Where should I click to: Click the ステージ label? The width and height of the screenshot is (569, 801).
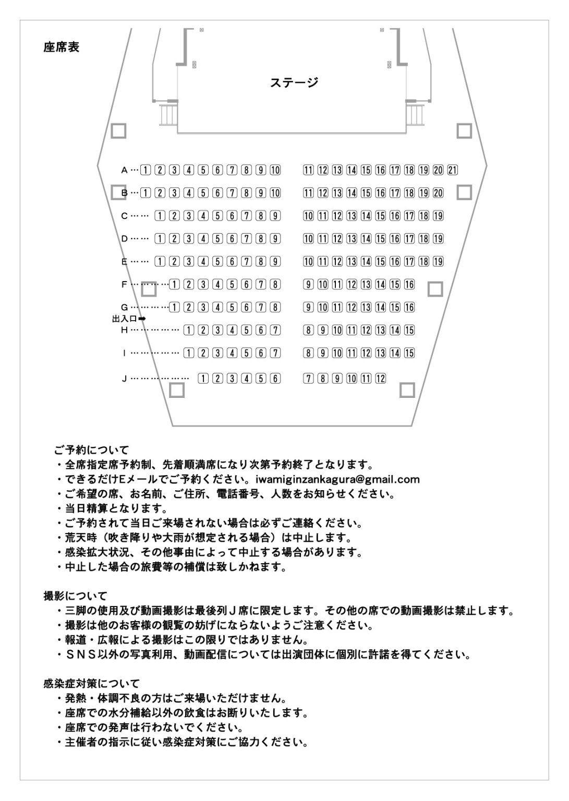294,82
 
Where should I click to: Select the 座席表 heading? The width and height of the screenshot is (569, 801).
62,47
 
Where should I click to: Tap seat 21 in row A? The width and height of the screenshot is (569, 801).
453,169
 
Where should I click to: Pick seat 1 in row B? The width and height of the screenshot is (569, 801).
146,192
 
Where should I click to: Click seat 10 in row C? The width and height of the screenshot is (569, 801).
308,215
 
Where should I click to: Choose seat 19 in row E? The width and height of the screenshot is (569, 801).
438,261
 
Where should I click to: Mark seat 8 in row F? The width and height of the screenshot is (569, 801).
275,284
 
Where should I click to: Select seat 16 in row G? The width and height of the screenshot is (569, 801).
409,307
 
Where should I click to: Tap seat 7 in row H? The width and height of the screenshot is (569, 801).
275,330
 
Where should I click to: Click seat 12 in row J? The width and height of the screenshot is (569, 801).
381,379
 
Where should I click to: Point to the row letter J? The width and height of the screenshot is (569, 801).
124,379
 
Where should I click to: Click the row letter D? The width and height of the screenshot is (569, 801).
124,238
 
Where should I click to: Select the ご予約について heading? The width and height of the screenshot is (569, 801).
91,450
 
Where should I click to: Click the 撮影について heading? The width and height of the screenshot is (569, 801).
75,595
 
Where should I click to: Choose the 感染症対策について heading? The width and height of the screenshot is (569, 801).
91,683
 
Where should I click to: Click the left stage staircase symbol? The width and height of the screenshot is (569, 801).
168,114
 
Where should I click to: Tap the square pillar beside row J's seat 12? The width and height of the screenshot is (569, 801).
407,390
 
